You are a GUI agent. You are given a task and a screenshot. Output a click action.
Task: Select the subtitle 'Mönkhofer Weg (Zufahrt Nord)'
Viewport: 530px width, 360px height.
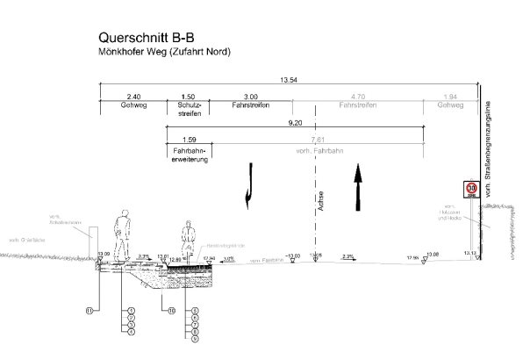164,53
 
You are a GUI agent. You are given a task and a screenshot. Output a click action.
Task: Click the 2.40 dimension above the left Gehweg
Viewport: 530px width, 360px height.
133,96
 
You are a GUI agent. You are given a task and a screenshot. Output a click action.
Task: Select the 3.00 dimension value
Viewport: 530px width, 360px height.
251,96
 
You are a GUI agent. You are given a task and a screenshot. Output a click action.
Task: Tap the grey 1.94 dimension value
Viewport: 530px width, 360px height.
451,96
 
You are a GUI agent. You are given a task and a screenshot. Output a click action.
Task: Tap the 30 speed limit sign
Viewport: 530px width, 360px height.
471,188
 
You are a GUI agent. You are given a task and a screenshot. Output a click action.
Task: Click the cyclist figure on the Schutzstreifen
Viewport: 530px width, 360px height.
186,240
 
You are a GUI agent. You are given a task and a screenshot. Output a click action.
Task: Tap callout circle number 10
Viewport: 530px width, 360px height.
161,310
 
